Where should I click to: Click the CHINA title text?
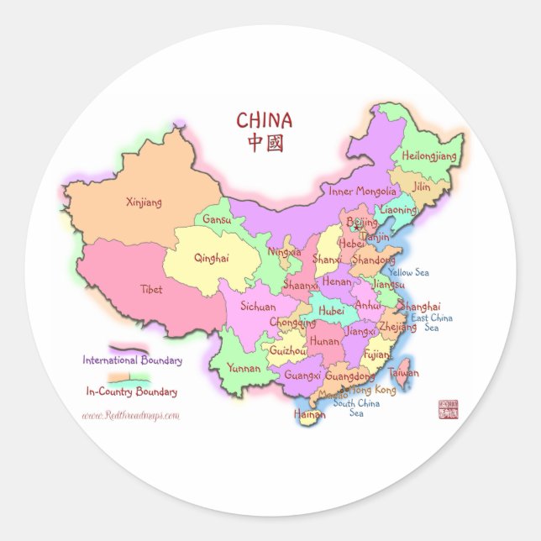264,120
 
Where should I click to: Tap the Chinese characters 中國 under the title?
265,142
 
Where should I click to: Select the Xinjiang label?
144,202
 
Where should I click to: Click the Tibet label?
152,289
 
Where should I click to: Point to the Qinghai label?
211,259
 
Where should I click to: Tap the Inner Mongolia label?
362,192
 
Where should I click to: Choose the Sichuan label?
258,307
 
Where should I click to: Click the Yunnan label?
244,368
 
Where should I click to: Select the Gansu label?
217,220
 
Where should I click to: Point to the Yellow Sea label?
408,272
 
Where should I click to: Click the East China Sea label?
432,323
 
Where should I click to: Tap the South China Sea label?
356,407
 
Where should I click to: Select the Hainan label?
309,414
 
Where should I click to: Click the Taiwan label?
403,372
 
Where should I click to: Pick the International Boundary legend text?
132,360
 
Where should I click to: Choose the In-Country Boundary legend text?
132,391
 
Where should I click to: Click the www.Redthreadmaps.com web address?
130,415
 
